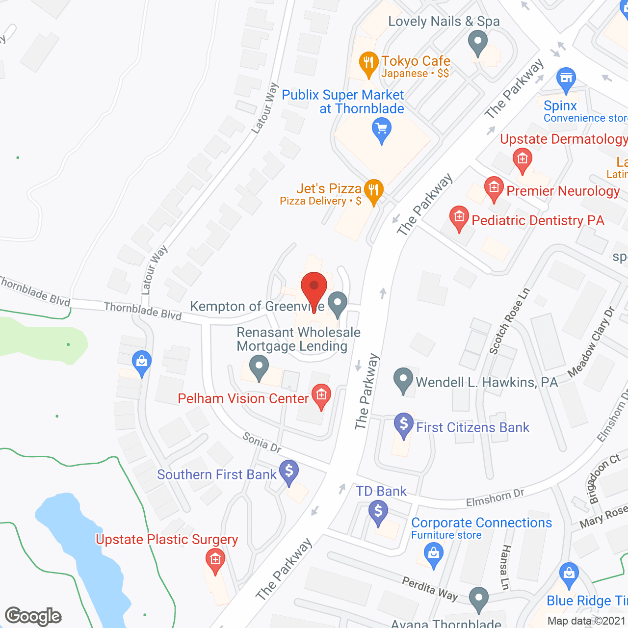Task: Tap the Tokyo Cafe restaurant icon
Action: click(x=368, y=63)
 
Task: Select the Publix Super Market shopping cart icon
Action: click(x=382, y=131)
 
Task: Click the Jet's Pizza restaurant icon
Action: click(x=374, y=190)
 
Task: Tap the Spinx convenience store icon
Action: click(x=566, y=79)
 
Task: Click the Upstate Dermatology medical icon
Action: click(x=523, y=159)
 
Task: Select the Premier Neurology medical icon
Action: click(x=494, y=188)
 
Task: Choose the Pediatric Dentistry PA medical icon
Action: click(x=459, y=217)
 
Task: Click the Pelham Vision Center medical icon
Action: click(x=321, y=395)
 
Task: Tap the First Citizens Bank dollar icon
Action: click(x=404, y=424)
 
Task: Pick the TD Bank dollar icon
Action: click(x=378, y=512)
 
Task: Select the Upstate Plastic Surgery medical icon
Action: click(x=215, y=560)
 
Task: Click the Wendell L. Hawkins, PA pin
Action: click(x=403, y=380)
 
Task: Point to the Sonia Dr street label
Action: click(x=262, y=443)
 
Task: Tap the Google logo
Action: click(x=33, y=616)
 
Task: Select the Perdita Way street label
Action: click(x=430, y=589)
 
